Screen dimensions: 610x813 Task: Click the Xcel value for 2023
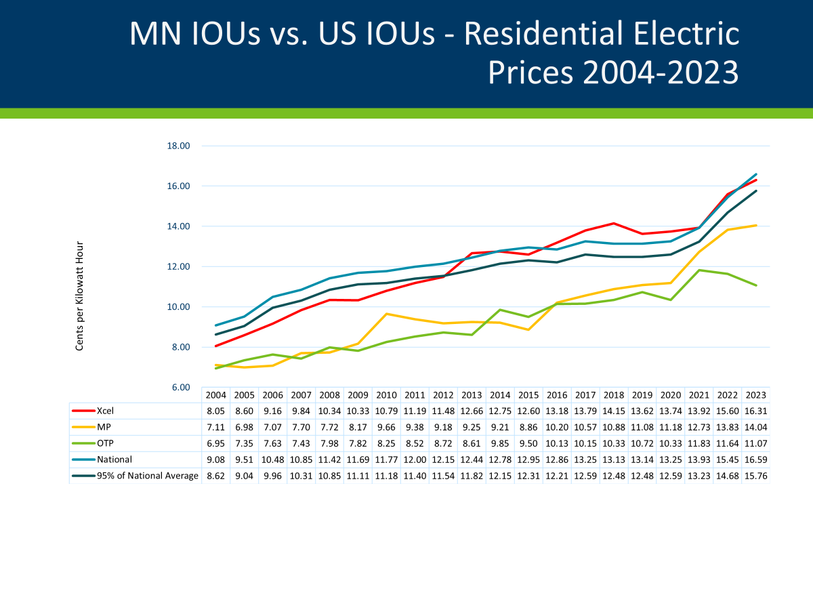[756, 410]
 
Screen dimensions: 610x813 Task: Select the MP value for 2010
[386, 426]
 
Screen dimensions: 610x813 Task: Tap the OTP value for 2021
[699, 443]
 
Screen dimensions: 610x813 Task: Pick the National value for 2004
[215, 459]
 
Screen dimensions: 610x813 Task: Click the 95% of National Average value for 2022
[728, 476]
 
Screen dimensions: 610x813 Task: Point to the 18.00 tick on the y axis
[178, 146]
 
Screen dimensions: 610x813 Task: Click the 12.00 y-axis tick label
[178, 266]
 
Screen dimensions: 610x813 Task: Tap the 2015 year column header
[528, 395]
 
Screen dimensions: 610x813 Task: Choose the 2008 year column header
[329, 395]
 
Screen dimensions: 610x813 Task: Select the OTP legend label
[106, 443]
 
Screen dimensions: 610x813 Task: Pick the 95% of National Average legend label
[148, 476]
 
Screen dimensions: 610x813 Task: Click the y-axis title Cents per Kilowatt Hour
[79, 296]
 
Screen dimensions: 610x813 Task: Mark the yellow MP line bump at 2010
[386, 314]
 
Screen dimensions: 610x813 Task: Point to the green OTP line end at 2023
[756, 285]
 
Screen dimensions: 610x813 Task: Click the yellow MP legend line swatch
[83, 426]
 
